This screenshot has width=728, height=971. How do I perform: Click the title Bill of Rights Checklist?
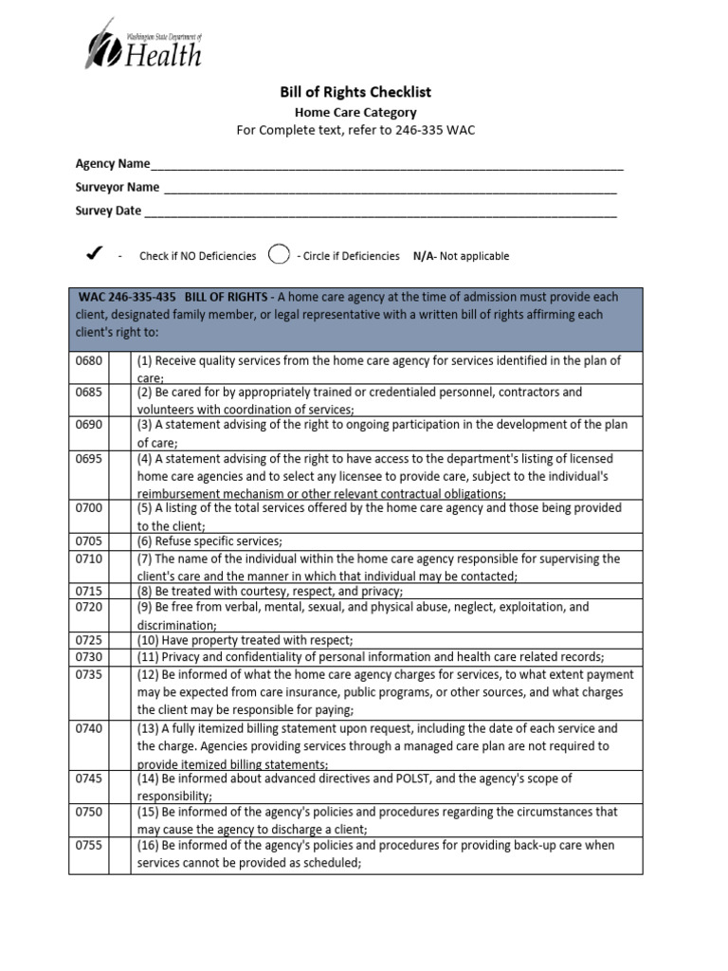tap(355, 92)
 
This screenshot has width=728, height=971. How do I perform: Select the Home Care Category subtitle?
tap(355, 112)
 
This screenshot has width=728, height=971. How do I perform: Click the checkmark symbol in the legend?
tap(93, 254)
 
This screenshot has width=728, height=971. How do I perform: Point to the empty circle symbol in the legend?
tap(278, 254)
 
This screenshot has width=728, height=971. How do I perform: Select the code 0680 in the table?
tap(88, 361)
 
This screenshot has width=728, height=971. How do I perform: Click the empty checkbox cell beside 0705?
tap(118, 541)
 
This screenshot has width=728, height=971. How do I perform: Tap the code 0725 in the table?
tap(88, 641)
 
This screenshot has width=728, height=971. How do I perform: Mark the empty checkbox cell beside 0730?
tap(118, 657)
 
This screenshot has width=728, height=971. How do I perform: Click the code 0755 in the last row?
tap(88, 845)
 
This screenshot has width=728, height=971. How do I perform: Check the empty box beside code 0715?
tap(118, 591)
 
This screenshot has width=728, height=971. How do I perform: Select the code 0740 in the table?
tap(88, 728)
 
